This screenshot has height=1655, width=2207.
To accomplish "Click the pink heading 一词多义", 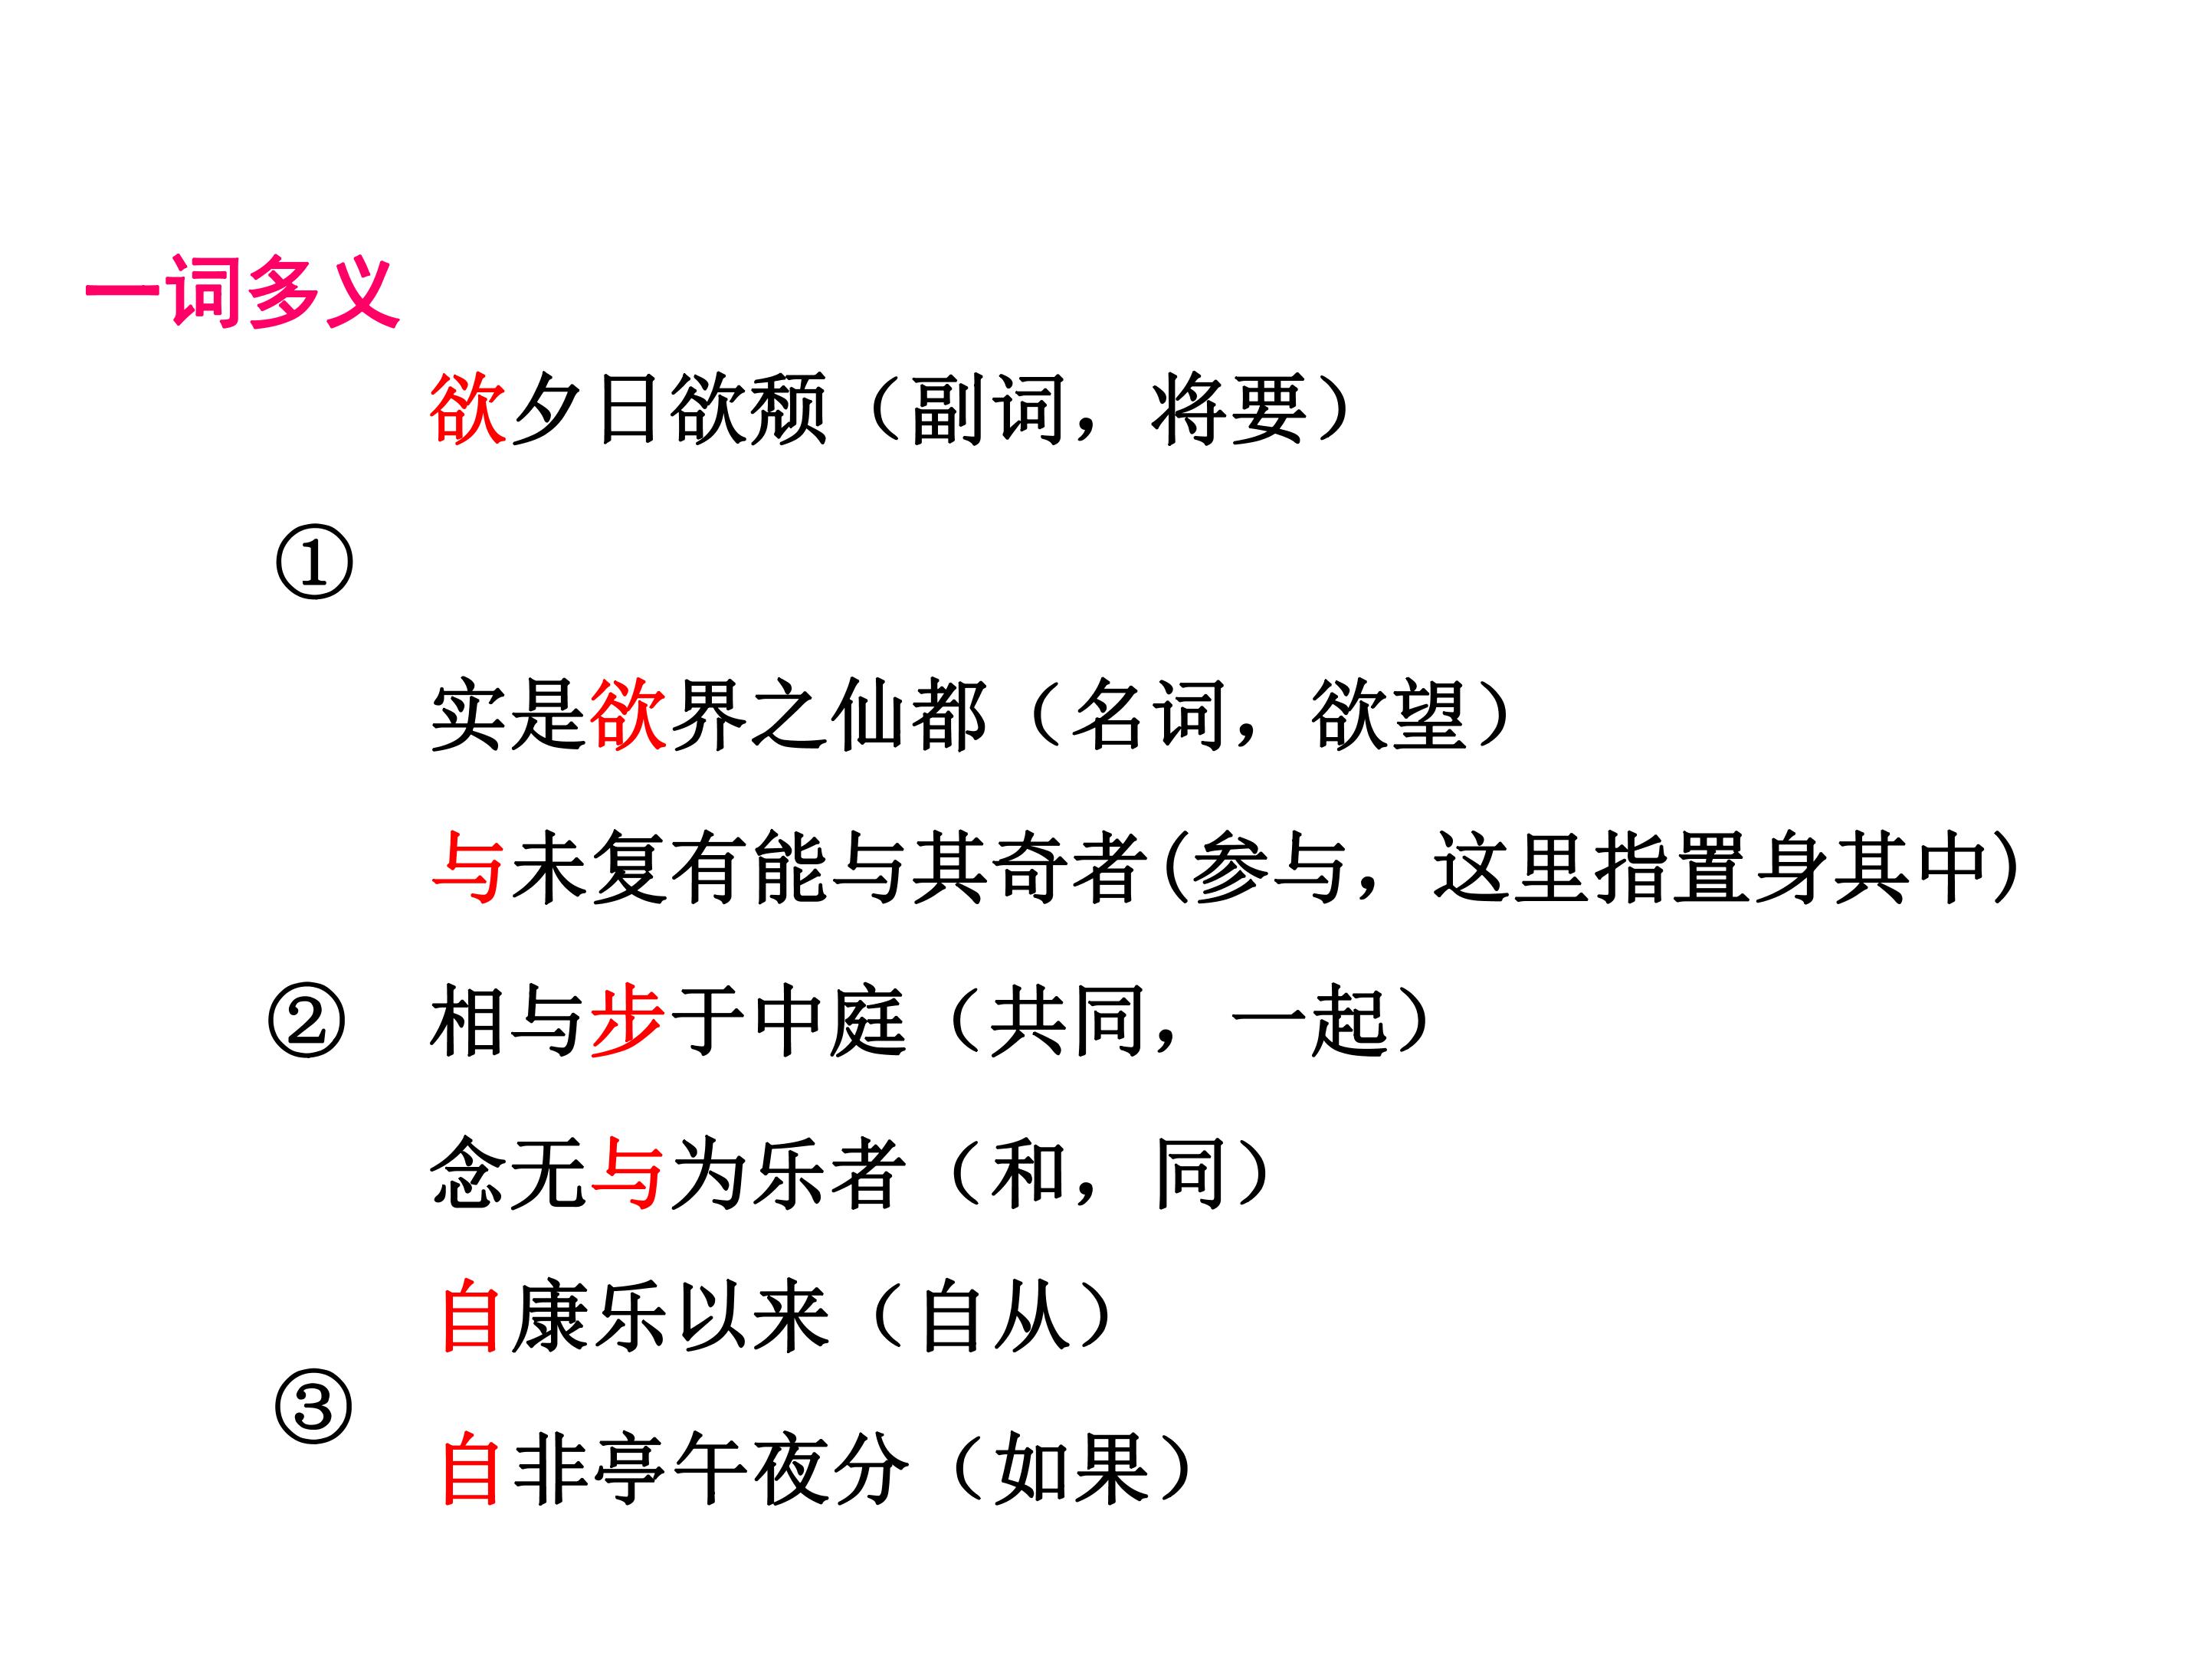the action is (242, 291).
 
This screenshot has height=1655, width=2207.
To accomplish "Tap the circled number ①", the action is (313, 564).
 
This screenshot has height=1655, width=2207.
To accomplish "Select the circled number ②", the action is (307, 1023).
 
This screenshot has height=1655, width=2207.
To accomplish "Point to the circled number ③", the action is (313, 1407).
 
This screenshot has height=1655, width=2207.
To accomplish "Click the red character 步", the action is (628, 1021).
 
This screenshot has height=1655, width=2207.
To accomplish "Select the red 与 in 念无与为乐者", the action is (628, 1174).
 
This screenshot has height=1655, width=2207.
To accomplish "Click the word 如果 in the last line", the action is (1071, 1470).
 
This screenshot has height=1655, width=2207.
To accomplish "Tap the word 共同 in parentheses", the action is (1068, 1021).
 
